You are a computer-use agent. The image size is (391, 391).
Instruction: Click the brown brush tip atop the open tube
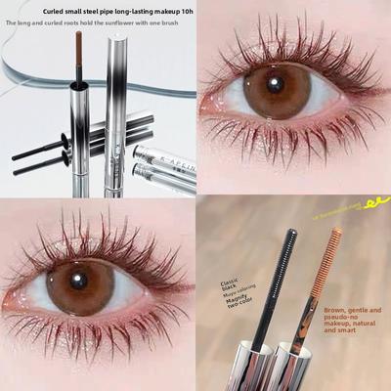pos(78,44)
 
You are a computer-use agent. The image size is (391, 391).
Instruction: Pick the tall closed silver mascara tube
pos(114,108)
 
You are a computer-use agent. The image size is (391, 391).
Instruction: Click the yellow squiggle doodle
pos(371,203)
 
